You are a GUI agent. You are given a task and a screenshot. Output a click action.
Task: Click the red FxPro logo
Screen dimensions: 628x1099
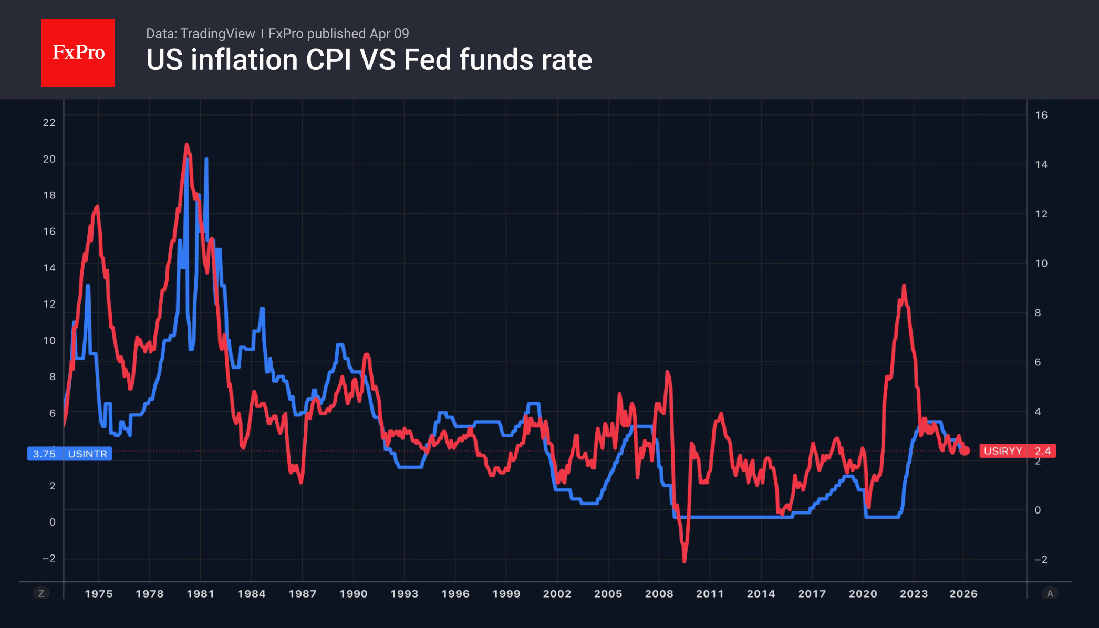coord(78,53)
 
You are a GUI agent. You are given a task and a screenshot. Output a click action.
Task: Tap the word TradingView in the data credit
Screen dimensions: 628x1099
coord(217,34)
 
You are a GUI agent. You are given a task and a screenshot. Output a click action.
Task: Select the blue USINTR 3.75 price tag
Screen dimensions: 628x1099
coord(69,454)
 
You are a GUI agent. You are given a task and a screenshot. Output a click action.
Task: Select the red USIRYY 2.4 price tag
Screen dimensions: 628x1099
coord(1017,451)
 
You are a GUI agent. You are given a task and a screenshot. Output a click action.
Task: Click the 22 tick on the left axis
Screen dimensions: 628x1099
coord(49,122)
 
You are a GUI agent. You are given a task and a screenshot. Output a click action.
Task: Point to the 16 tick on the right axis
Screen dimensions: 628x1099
coord(1041,115)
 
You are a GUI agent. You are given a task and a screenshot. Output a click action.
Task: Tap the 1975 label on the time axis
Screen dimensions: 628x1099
coord(99,594)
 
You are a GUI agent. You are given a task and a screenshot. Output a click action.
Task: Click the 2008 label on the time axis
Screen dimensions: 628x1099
coord(659,594)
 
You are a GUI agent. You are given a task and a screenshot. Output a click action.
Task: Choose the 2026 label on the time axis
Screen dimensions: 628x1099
coord(963,594)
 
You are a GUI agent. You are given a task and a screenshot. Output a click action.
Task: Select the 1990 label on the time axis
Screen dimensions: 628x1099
coord(353,594)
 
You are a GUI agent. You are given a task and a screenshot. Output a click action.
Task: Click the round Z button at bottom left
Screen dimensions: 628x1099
coord(41,594)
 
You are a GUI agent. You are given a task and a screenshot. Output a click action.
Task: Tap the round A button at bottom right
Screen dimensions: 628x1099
coord(1050,594)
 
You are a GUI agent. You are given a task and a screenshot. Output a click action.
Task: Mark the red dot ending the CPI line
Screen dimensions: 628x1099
coord(965,451)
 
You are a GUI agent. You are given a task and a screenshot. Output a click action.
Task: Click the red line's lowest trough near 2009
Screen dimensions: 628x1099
coord(684,561)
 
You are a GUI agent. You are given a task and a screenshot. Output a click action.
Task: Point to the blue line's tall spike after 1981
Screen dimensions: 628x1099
coord(206,159)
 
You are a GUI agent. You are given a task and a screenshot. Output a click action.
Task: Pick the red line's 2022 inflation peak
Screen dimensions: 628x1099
coord(904,286)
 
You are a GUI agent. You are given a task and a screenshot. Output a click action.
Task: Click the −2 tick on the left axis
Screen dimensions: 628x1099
coord(49,558)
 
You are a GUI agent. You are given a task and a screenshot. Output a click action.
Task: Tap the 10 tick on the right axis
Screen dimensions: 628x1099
coord(1041,263)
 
